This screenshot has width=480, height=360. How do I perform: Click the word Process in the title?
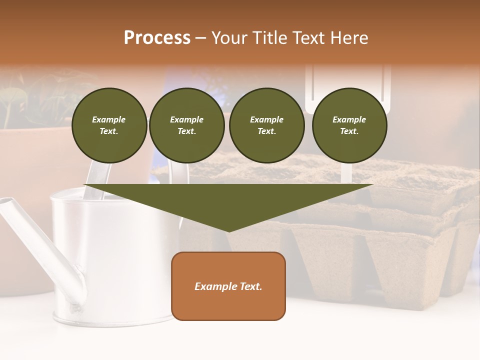point(157,38)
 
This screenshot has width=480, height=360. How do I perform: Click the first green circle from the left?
point(109,125)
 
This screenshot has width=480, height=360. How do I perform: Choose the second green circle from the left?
point(186,125)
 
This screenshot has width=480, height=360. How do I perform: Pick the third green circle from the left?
point(266,125)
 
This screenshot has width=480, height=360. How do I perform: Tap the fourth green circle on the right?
point(349,125)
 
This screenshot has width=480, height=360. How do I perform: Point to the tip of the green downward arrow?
point(228,230)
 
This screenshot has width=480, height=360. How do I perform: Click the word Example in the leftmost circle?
point(109,119)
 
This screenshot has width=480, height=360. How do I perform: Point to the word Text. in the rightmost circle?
point(349,131)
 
